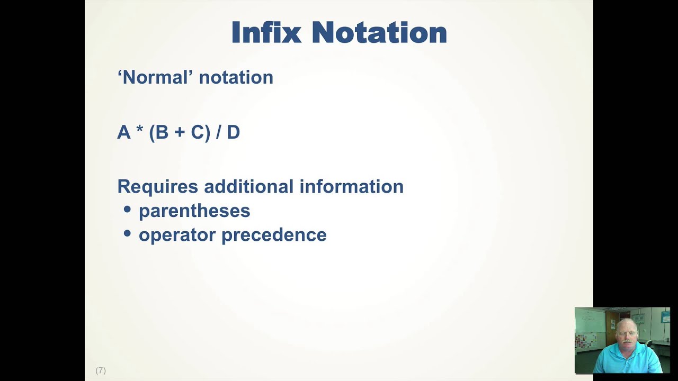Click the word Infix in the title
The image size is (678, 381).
pyautogui.click(x=266, y=33)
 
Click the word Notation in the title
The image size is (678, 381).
pyautogui.click(x=379, y=33)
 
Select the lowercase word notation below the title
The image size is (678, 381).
pyautogui.click(x=236, y=78)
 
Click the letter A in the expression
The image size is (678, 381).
pyautogui.click(x=123, y=132)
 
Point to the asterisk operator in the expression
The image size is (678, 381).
pyautogui.click(x=140, y=131)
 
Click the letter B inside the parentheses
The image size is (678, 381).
pyautogui.click(x=162, y=132)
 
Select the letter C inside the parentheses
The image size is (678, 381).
pyautogui.click(x=197, y=132)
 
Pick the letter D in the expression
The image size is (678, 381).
pyautogui.click(x=234, y=132)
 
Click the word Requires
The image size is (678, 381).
pyautogui.click(x=158, y=187)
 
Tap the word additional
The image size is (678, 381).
pyautogui.click(x=249, y=186)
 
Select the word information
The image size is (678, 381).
pyautogui.click(x=351, y=186)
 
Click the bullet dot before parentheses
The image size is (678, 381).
pyautogui.click(x=127, y=210)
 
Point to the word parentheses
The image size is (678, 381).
pyautogui.click(x=194, y=211)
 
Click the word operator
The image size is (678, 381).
pyautogui.click(x=177, y=235)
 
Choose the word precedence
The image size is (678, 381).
pyautogui.click(x=274, y=235)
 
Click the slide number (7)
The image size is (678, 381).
pyautogui.click(x=101, y=370)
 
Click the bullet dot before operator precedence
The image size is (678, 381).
pyautogui.click(x=127, y=233)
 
